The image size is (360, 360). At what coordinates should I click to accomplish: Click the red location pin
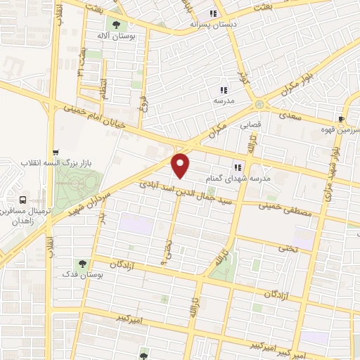181,165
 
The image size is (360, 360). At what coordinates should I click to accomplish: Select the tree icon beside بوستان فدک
83,264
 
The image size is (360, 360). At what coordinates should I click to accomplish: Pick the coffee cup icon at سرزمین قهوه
341,119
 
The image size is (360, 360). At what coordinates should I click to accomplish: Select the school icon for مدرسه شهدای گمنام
238,167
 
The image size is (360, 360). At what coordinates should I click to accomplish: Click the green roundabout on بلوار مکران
260,105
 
